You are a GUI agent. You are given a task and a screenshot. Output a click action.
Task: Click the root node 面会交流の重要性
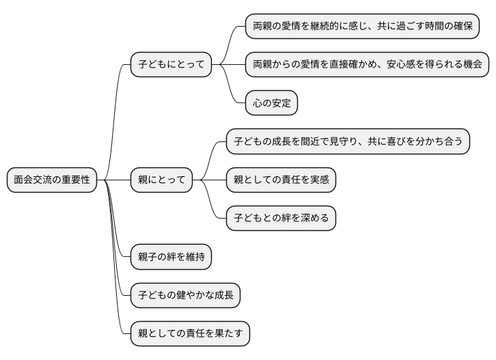pyautogui.click(x=52, y=180)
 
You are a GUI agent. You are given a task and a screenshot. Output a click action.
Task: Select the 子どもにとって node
pyautogui.click(x=171, y=65)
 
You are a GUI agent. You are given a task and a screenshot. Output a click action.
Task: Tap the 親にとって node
pyautogui.click(x=161, y=180)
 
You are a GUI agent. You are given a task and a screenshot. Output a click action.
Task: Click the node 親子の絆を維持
pyautogui.click(x=171, y=257)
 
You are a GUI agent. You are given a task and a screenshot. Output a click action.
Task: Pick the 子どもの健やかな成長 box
pyautogui.click(x=185, y=295)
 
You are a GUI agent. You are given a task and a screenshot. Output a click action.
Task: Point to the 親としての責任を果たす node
pyautogui.click(x=190, y=333)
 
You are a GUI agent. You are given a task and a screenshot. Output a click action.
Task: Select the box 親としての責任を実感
pyautogui.click(x=281, y=180)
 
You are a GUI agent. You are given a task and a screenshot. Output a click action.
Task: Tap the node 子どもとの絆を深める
pyautogui.click(x=281, y=219)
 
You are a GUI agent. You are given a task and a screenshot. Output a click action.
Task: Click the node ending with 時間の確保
pyautogui.click(x=361, y=27)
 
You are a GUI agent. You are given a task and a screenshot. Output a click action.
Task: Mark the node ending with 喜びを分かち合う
pyautogui.click(x=348, y=142)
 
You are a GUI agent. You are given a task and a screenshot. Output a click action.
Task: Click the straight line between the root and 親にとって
pyautogui.click(x=114, y=180)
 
